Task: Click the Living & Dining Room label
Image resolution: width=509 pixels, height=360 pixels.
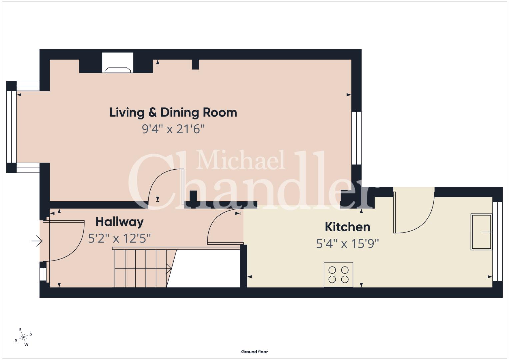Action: tap(173, 113)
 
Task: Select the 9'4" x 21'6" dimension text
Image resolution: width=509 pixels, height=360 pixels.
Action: tap(173, 129)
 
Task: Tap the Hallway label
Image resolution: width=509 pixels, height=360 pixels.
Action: tap(120, 222)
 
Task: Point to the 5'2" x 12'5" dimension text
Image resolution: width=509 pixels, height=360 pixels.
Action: tap(120, 239)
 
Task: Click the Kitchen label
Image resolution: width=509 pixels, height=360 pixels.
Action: tap(348, 227)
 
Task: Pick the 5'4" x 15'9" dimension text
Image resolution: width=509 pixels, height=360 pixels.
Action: tap(348, 244)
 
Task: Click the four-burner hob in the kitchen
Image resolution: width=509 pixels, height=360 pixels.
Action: tap(338, 275)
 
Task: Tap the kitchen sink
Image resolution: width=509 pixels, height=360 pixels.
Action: tap(481, 232)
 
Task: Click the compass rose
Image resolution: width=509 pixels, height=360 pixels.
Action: tap(23, 337)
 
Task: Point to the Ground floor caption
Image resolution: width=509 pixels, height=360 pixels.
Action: tap(255, 352)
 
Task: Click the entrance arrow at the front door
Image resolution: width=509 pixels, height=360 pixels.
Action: tap(37, 241)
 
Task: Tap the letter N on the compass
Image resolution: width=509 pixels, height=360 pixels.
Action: tap(16, 340)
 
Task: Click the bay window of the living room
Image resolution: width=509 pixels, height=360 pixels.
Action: tap(11, 127)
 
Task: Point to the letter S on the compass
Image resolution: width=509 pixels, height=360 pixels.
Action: tap(31, 334)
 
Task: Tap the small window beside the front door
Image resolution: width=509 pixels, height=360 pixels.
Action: tap(43, 274)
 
